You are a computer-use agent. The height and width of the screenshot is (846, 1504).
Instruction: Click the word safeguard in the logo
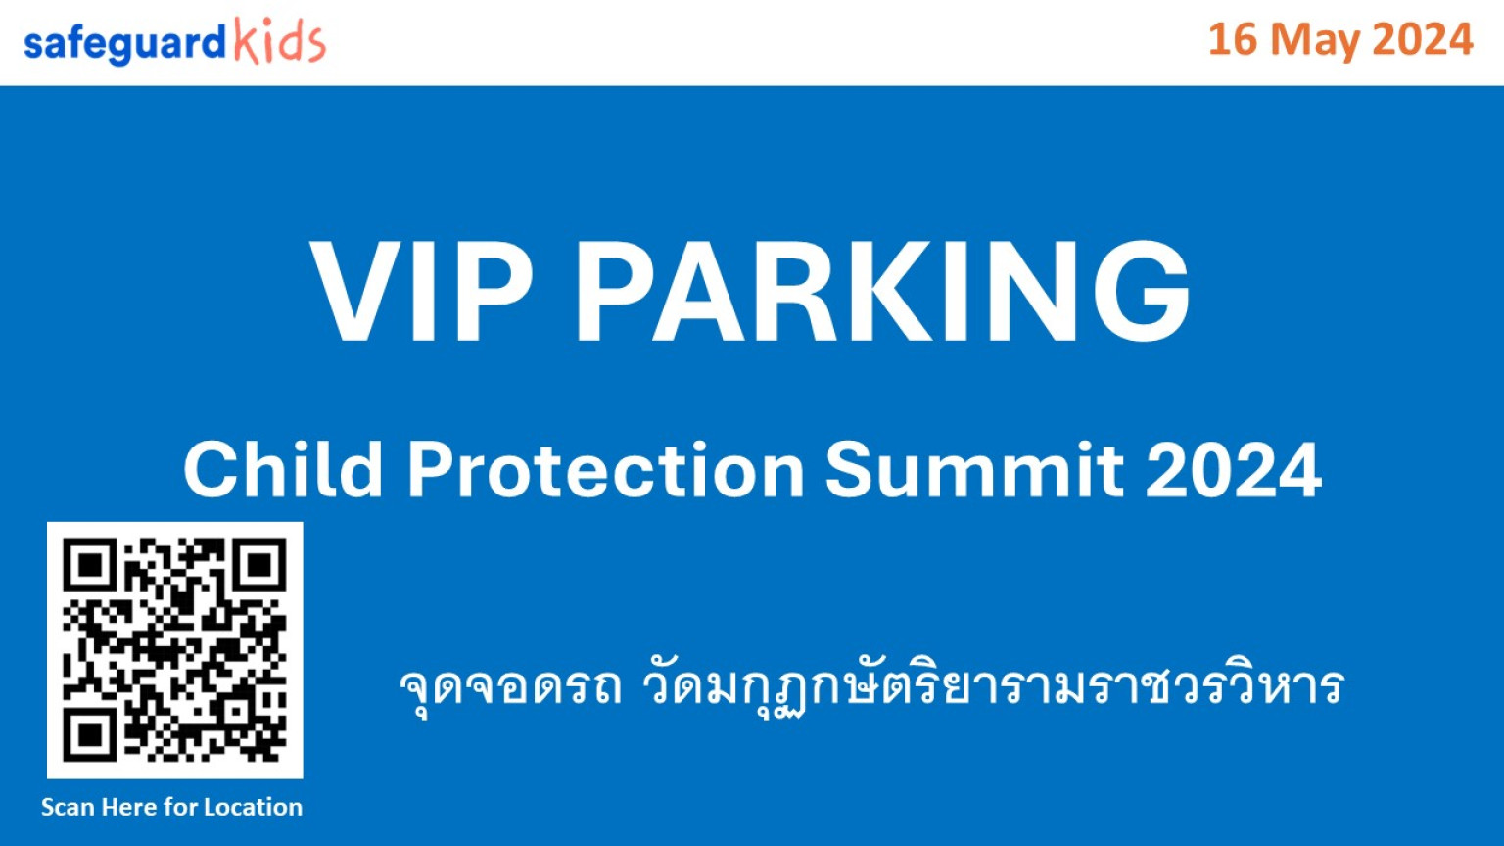pos(124,45)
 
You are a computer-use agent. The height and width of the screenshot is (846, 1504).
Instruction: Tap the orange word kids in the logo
pos(280,40)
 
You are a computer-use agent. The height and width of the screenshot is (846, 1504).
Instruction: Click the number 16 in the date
pos(1233,39)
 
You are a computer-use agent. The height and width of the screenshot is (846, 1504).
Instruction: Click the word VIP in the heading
pos(421,292)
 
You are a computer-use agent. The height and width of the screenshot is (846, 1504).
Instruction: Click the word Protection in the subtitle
pos(606,469)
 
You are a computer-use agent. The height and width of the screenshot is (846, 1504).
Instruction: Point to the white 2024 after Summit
pos(1234,469)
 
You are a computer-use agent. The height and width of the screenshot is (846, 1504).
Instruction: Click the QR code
pos(174,650)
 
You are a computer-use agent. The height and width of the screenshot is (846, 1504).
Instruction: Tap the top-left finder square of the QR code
pos(91,565)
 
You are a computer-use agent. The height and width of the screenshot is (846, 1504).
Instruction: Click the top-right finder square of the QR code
pos(259,565)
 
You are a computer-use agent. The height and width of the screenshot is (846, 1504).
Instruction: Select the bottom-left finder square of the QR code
pos(91,734)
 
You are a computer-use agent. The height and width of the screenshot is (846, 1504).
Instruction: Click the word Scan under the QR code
pos(68,807)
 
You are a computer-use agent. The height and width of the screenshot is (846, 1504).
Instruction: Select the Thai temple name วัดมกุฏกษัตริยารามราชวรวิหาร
pos(993,687)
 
